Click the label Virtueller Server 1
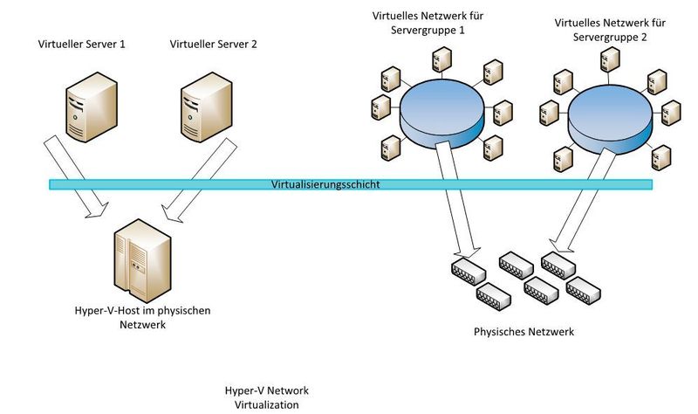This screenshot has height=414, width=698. tap(82, 43)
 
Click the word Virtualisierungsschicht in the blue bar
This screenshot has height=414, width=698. tap(325, 185)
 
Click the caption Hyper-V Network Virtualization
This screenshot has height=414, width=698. tap(266, 397)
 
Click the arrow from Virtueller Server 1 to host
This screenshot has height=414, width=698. tap(80, 182)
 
